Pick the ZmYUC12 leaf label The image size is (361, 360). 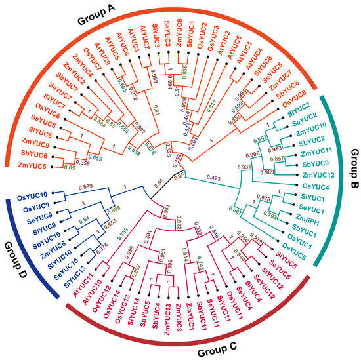click(324, 173)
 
